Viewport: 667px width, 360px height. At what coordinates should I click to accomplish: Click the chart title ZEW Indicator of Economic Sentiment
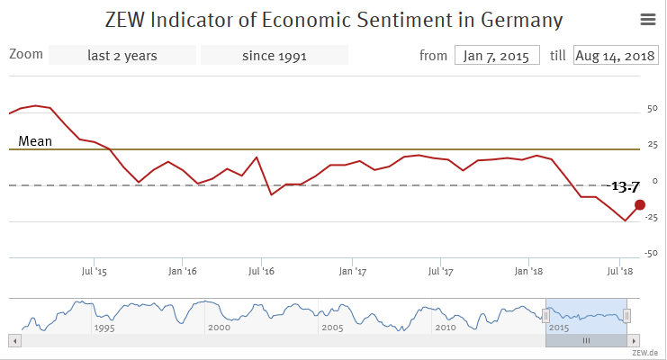332,20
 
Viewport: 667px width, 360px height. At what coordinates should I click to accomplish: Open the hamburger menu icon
647,19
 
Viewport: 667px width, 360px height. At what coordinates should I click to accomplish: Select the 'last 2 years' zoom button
122,55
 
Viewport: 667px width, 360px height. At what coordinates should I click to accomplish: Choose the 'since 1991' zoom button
275,55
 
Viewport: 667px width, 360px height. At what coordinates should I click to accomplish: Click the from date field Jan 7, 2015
497,55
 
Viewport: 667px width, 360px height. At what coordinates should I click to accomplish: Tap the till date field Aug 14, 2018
615,55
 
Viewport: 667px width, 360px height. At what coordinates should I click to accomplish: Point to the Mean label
35,140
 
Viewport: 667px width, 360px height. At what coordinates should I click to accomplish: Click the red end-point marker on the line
640,204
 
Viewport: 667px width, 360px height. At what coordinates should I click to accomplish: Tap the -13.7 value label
624,186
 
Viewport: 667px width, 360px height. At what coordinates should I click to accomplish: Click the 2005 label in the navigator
332,328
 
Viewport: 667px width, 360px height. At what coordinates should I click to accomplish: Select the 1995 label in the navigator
104,328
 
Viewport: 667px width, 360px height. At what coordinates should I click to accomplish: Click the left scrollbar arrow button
14,341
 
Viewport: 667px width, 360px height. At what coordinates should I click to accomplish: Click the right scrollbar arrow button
635,341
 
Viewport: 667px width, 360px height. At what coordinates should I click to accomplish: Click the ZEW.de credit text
646,353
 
